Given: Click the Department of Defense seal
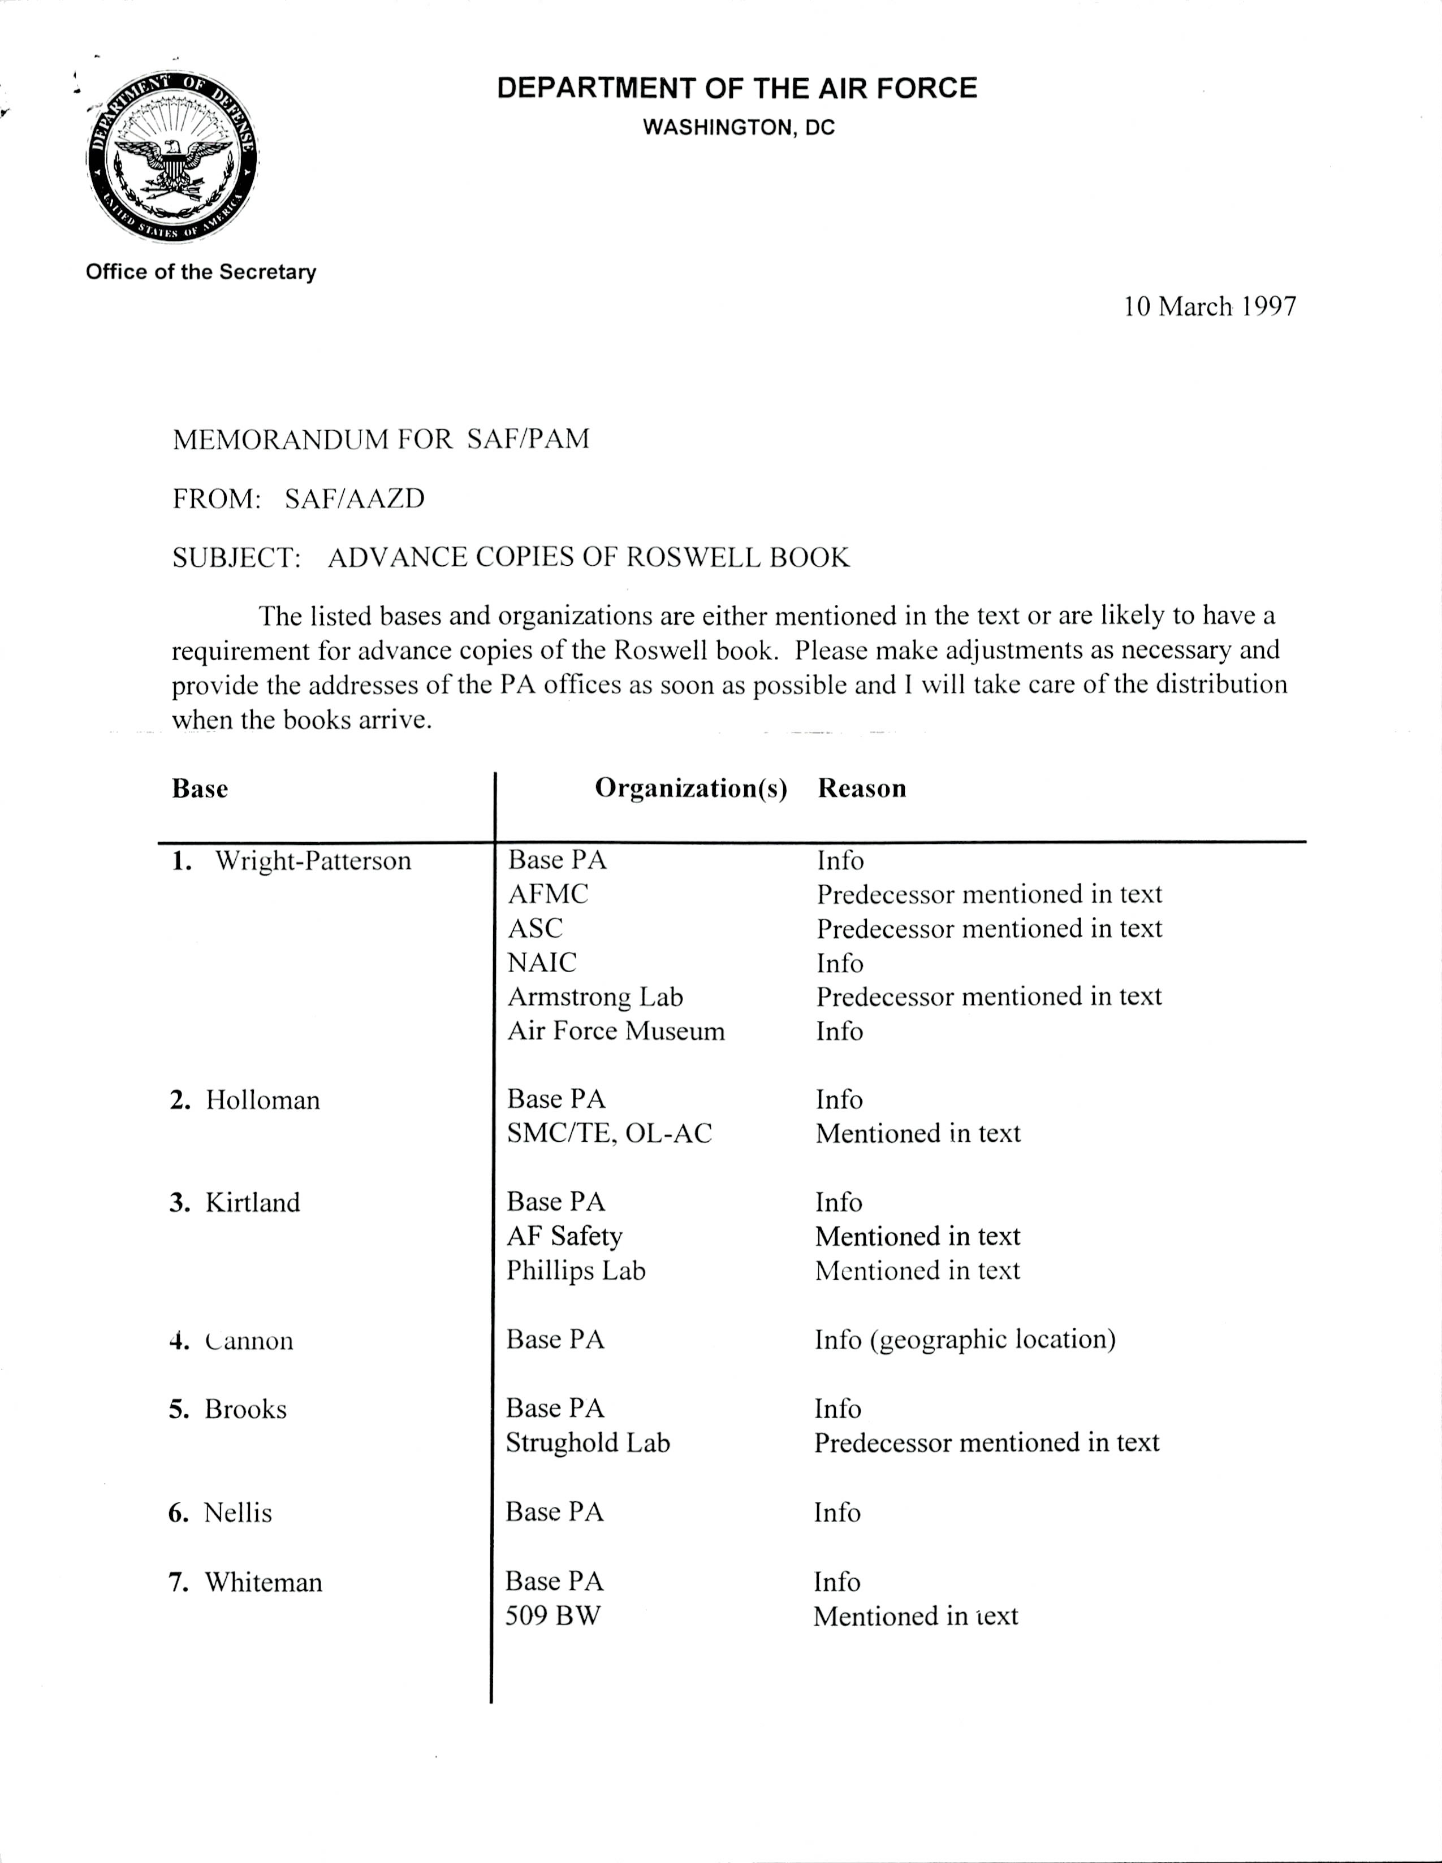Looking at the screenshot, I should coord(173,158).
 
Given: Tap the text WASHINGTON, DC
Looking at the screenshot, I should coord(738,128).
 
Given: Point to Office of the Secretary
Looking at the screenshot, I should coord(201,272).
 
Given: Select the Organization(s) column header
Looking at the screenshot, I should coord(690,788).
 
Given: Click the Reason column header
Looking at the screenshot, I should coord(862,788).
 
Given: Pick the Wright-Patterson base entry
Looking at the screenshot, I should coord(312,861).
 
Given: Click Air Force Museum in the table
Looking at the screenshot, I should coord(615,1032).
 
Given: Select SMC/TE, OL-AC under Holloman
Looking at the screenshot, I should coord(608,1134).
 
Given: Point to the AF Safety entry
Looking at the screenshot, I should coord(564,1236).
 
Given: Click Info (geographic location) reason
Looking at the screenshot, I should coord(964,1339).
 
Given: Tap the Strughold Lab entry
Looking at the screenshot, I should coord(588,1442).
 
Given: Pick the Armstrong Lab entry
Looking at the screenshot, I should coord(595,997).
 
